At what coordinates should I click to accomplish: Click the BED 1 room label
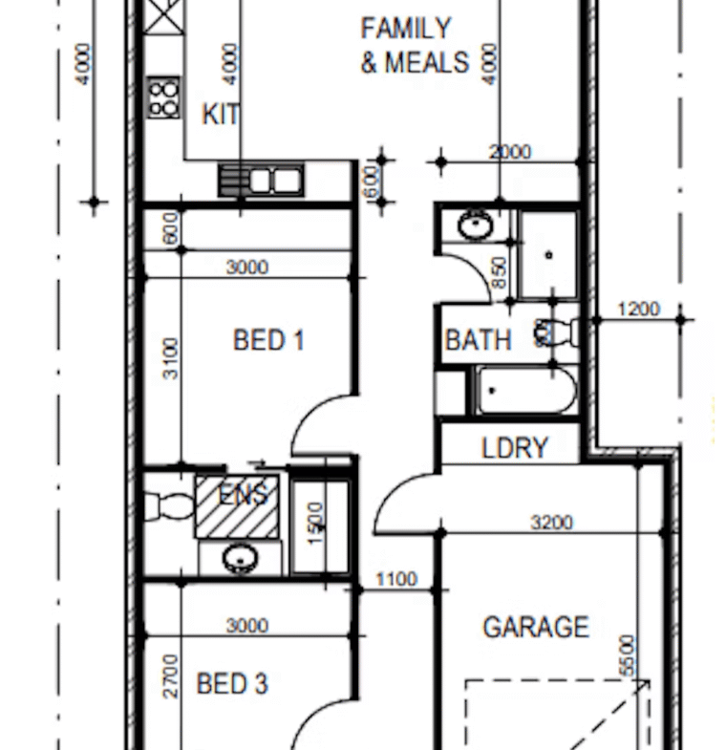click(x=268, y=340)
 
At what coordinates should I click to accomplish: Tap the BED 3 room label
click(x=232, y=683)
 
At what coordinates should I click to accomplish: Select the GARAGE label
click(x=536, y=627)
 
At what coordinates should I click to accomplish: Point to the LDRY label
click(x=515, y=448)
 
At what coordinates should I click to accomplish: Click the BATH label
click(x=479, y=340)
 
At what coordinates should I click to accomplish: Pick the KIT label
click(x=221, y=115)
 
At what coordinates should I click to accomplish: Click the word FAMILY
click(x=406, y=29)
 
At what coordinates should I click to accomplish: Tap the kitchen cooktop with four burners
click(x=164, y=97)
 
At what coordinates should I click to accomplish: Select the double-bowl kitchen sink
click(x=261, y=181)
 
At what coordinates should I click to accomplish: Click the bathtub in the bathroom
click(x=526, y=390)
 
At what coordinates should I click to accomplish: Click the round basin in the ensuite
click(x=241, y=558)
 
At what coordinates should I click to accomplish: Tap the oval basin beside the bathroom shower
click(x=475, y=225)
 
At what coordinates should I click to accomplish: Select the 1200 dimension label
click(x=639, y=309)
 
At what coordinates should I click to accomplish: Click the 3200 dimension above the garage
click(x=551, y=523)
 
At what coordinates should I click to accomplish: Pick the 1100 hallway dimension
click(x=397, y=580)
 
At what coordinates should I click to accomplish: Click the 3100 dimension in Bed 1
click(x=171, y=358)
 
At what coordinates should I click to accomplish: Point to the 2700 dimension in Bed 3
click(x=171, y=676)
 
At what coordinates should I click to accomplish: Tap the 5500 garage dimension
click(x=628, y=655)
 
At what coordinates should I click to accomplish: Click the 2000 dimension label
click(x=510, y=152)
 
